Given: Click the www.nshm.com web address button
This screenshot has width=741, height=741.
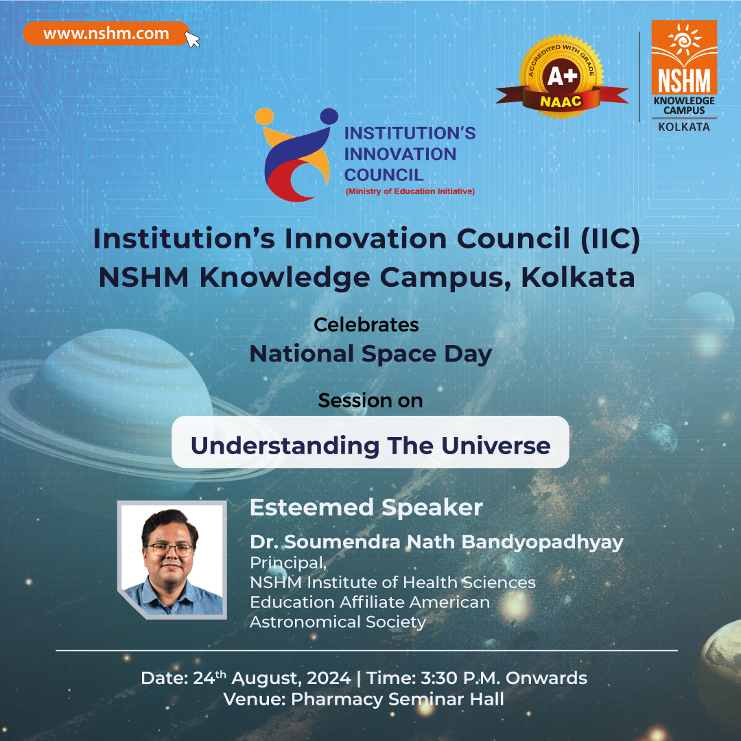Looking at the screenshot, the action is click(106, 34).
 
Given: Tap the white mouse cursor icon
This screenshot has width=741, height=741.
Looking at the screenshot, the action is click(191, 39).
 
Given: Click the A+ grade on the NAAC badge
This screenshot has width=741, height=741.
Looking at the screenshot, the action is click(562, 76).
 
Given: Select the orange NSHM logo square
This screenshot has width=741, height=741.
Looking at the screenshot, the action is click(684, 57).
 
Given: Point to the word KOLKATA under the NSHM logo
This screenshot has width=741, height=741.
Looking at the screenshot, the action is click(684, 127).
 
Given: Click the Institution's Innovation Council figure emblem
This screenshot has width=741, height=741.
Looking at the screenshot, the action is click(297, 155).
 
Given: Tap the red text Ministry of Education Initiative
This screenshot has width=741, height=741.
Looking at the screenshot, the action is click(410, 191).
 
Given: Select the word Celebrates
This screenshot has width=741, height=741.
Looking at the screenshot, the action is click(366, 325).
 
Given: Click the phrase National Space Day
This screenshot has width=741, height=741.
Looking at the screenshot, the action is click(370, 354).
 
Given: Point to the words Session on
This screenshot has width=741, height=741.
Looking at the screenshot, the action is click(370, 400).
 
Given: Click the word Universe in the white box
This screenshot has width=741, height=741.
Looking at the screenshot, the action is click(496, 445).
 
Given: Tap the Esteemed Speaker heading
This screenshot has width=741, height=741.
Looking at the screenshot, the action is click(366, 508).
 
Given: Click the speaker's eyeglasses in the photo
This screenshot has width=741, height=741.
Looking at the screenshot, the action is click(170, 550).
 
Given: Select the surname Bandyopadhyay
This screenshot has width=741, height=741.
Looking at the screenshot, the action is click(542, 542).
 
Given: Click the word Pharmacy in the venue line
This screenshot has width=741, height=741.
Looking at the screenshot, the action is click(337, 699).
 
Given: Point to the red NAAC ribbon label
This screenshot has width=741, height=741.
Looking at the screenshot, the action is click(561, 101).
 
